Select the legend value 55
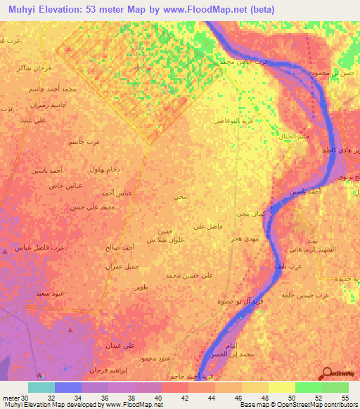(x=345, y=397)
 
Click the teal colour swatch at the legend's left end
(x=41, y=387)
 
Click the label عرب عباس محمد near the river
(x=245, y=62)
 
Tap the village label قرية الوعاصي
(x=233, y=121)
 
